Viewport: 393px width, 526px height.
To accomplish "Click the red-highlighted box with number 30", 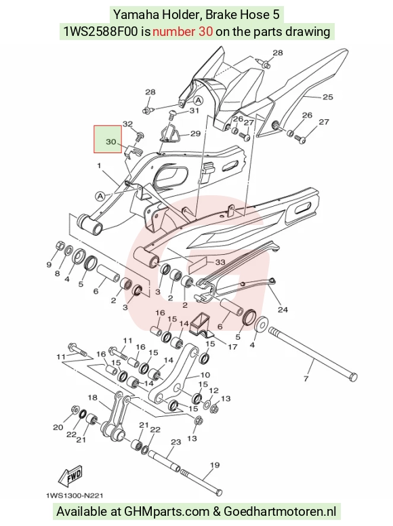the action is (x=108, y=139).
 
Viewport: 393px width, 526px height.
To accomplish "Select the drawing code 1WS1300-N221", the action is (x=75, y=495).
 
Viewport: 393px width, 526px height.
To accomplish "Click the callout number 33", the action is (x=220, y=262).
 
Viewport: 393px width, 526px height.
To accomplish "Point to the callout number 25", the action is (x=327, y=97).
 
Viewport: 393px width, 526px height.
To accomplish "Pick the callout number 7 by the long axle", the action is (x=306, y=379).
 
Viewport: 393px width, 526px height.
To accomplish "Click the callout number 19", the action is (x=215, y=465).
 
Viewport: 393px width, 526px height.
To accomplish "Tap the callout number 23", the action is (x=176, y=442).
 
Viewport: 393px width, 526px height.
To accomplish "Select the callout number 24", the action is (x=283, y=309).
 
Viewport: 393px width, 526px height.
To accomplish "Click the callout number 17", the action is (x=232, y=347).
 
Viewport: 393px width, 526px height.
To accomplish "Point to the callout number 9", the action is (x=49, y=264).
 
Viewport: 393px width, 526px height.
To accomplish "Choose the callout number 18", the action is (x=93, y=397).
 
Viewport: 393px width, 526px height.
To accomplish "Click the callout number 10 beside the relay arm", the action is (x=205, y=375).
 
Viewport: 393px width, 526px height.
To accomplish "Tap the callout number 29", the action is (x=196, y=134).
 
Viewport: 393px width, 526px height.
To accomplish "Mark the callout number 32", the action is (x=128, y=124).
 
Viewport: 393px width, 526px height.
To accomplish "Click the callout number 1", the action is (x=99, y=165).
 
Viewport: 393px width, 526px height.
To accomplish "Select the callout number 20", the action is (x=58, y=427).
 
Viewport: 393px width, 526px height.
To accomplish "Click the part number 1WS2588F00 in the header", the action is (x=100, y=32).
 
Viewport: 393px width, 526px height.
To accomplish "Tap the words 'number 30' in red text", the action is (x=182, y=32).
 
